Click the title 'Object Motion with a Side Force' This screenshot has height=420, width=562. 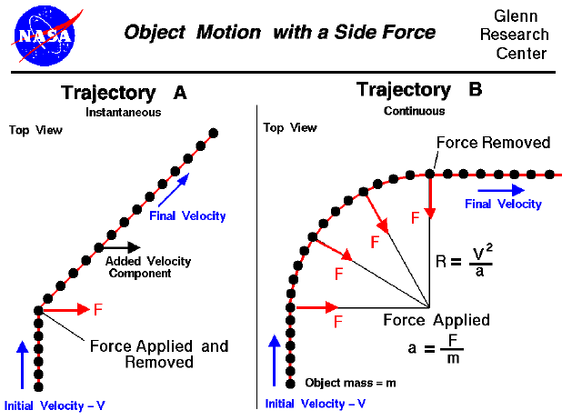[x=279, y=33]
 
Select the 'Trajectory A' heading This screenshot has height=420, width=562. [x=123, y=94]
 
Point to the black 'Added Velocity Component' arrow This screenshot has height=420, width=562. [x=121, y=246]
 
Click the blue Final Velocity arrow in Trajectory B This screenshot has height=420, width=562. [x=505, y=190]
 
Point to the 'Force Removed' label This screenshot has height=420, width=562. [x=493, y=143]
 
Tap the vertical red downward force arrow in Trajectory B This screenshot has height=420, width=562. [x=429, y=198]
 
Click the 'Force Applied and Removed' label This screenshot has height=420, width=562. [x=158, y=354]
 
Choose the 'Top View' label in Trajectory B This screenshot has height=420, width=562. [x=290, y=128]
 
